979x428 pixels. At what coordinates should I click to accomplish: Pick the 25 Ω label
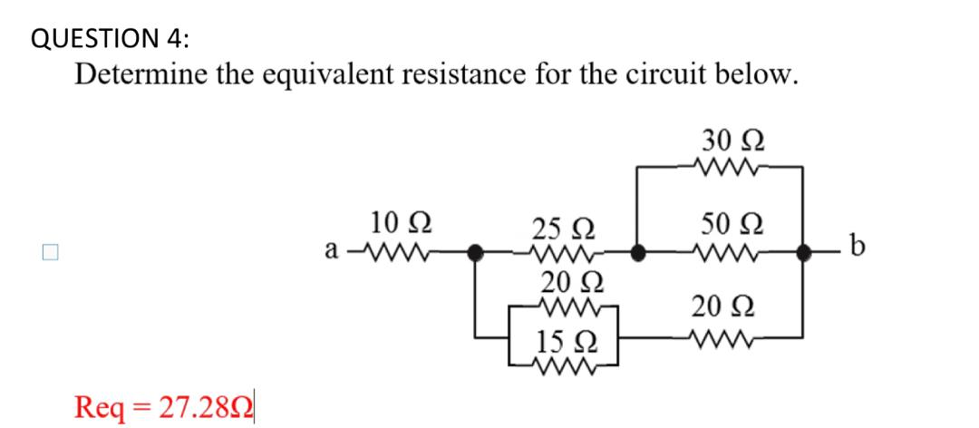coord(562,227)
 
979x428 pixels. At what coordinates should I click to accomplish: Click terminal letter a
coord(333,247)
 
